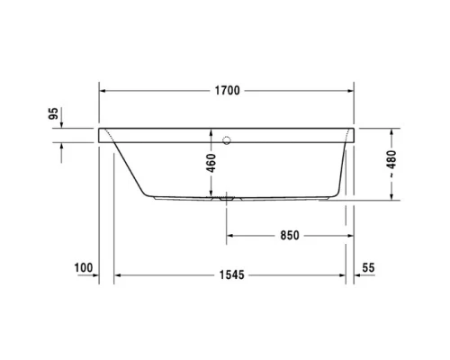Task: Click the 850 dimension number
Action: [288, 236]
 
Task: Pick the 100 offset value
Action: [85, 267]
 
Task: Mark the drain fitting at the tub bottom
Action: [225, 194]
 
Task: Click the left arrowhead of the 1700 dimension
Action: [103, 91]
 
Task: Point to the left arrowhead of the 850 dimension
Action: [229, 236]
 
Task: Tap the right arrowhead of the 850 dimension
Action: [348, 236]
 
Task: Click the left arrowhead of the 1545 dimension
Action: [116, 274]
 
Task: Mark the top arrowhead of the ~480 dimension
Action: [392, 131]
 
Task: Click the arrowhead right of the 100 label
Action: [94, 274]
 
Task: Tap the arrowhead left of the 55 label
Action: [358, 274]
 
